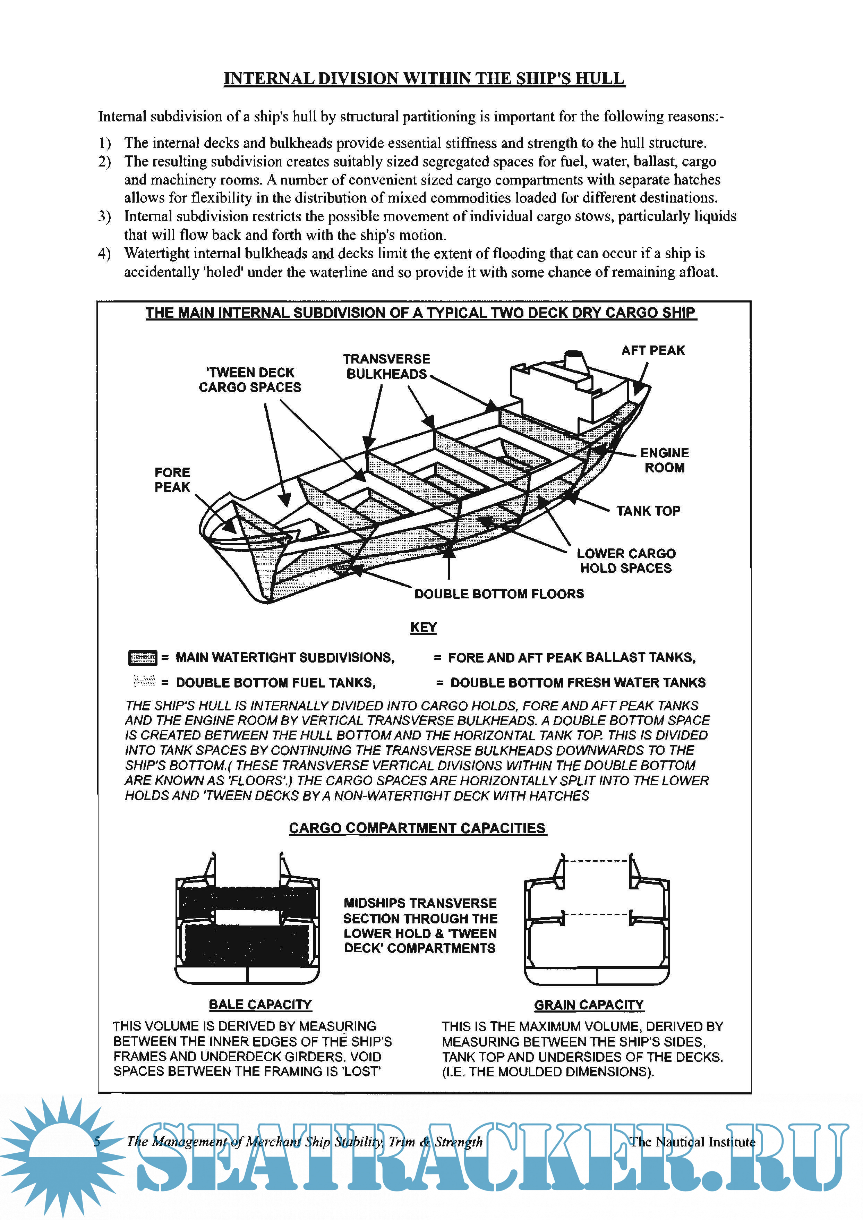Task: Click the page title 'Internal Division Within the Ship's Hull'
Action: click(x=424, y=79)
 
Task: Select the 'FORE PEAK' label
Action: click(x=172, y=480)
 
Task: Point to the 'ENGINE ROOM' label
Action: click(x=664, y=460)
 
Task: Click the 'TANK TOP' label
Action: click(x=648, y=511)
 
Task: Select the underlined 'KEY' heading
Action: click(x=423, y=628)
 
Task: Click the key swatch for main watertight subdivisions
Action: click(x=143, y=658)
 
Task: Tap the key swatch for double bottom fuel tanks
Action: click(x=144, y=681)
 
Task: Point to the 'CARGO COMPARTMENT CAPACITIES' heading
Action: click(x=417, y=828)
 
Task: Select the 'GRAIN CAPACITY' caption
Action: click(x=589, y=1005)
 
